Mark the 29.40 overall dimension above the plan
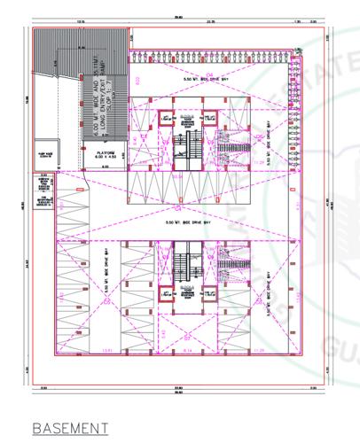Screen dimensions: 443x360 point(177,12)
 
